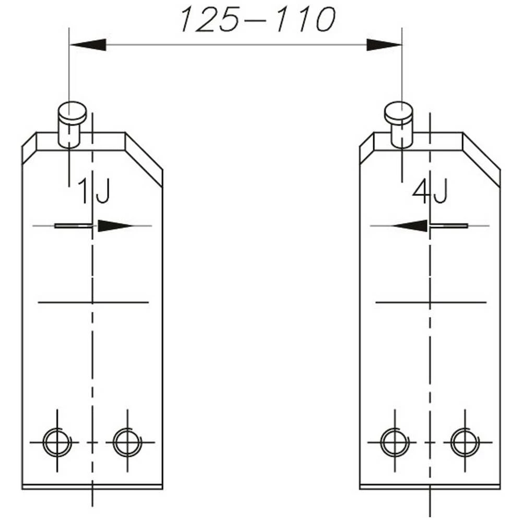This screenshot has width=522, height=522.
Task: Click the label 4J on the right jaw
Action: [x=430, y=192]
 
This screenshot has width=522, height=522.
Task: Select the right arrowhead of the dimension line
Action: [x=384, y=45]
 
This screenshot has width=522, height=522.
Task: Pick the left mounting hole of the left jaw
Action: [x=57, y=443]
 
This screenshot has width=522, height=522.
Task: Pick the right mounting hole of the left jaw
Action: [x=127, y=443]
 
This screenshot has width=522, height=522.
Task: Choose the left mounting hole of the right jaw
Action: [x=395, y=443]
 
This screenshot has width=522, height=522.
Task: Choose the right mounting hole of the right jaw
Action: [x=465, y=443]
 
